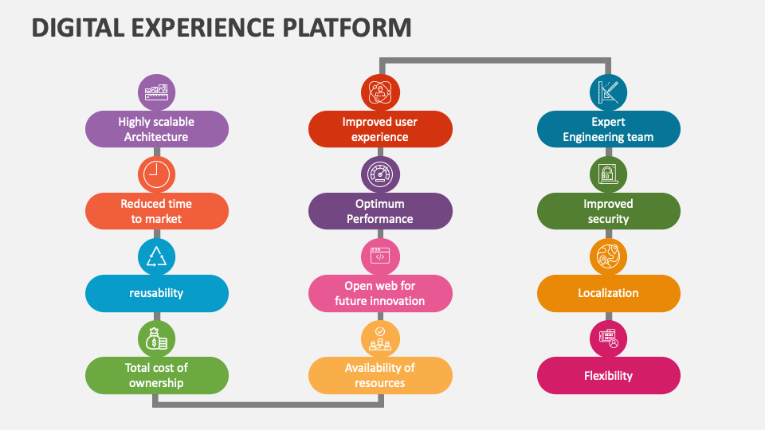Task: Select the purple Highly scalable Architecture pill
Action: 156,129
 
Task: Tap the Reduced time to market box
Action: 156,211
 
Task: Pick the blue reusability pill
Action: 156,293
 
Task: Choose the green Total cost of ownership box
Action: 156,375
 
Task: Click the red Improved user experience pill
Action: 380,129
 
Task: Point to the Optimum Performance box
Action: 380,211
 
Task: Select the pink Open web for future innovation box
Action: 380,293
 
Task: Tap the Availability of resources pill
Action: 380,375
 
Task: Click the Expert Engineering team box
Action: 608,129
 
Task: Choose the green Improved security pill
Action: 608,211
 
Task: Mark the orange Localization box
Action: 608,293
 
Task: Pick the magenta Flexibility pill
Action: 608,375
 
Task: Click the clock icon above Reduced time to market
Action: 156,174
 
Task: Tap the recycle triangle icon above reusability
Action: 156,256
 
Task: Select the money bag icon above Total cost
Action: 156,338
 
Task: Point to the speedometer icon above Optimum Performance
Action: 380,174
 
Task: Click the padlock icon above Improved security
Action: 608,174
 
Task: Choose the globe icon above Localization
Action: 608,256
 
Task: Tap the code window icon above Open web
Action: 380,256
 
